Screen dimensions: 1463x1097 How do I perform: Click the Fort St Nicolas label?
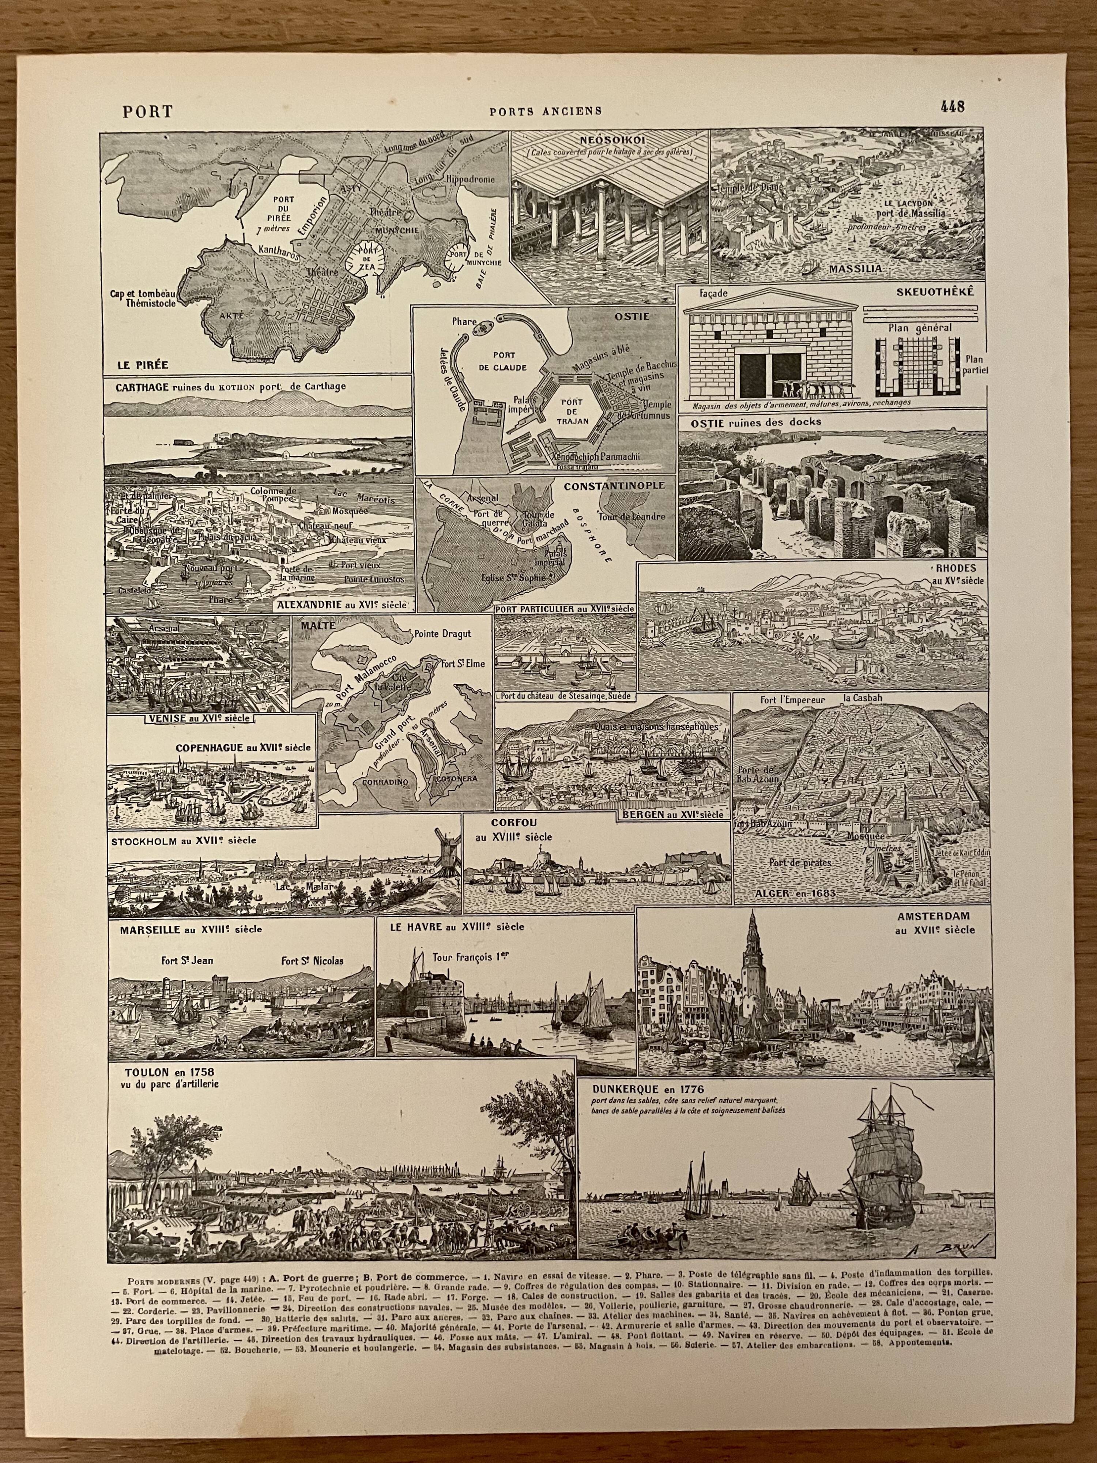point(312,961)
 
